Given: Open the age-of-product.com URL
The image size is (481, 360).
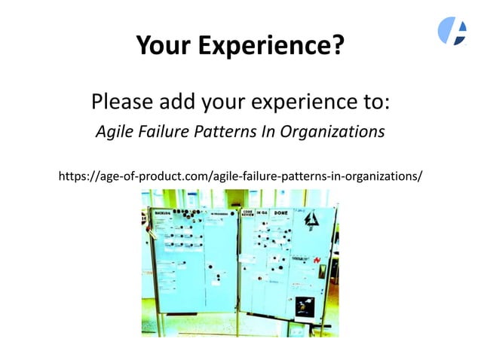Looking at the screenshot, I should tap(240, 176).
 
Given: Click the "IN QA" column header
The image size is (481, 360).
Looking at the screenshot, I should tap(262, 214).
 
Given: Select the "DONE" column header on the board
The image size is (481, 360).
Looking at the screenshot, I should tap(281, 213).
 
